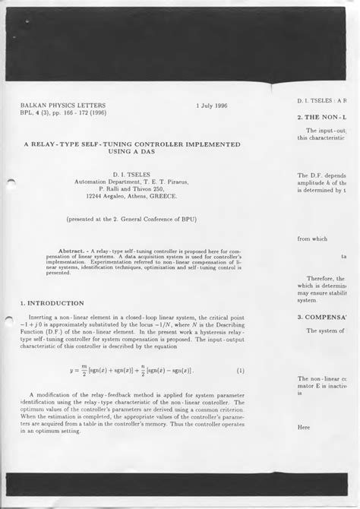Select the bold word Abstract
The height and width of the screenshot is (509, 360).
pos(74,248)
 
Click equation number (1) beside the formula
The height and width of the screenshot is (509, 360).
pos(241,371)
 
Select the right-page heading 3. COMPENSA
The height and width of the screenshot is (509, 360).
pos(322,316)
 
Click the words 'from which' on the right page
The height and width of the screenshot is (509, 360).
pos(312,239)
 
